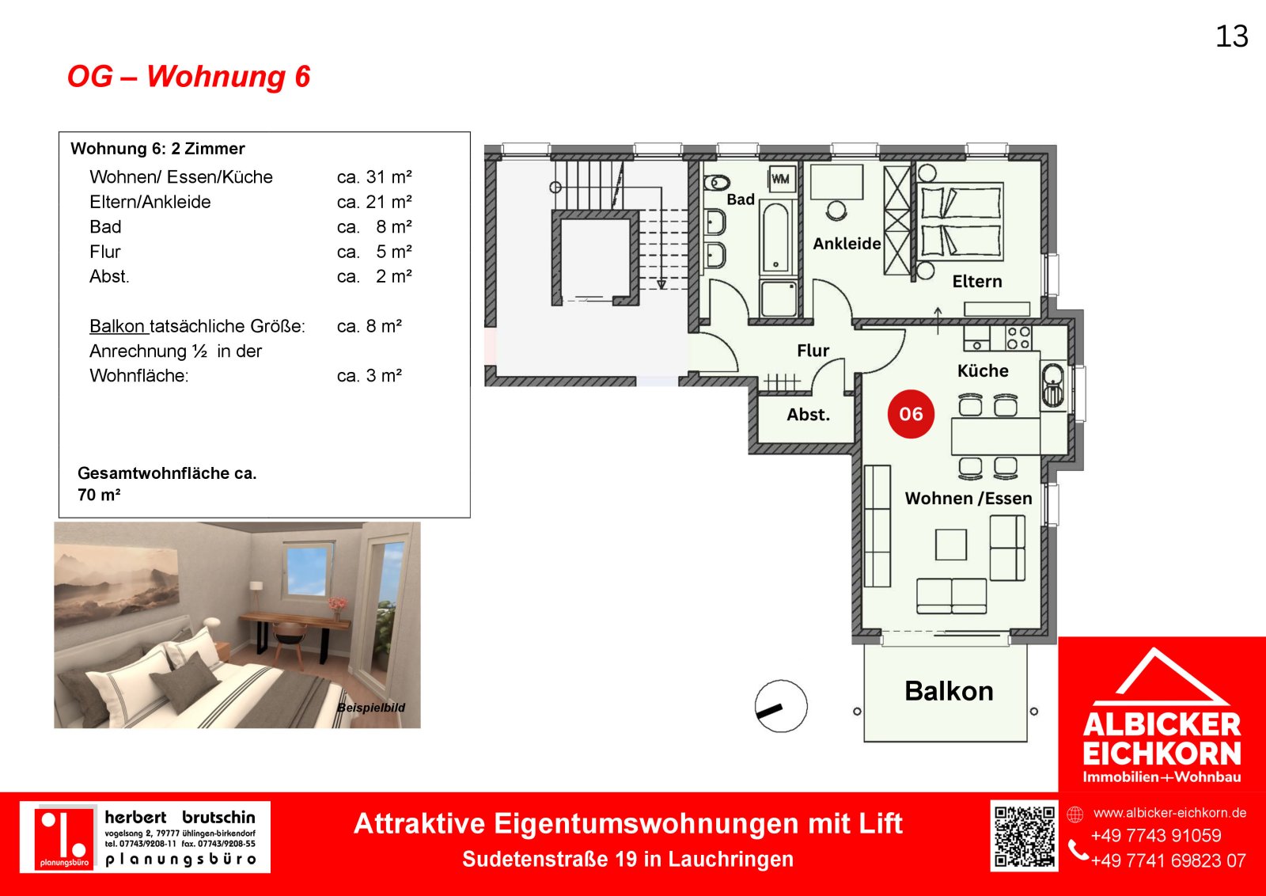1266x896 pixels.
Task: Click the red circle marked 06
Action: (x=911, y=414)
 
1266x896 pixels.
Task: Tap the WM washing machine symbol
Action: (x=780, y=179)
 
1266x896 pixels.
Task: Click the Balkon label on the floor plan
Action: (x=949, y=691)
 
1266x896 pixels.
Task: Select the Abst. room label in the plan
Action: (x=808, y=415)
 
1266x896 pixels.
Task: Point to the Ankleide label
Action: (x=847, y=244)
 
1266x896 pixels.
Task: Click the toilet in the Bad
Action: (x=717, y=183)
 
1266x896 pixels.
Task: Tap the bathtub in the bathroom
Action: (x=775, y=238)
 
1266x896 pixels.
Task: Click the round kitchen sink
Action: (x=1052, y=385)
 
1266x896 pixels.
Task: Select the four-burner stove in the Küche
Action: (x=1018, y=337)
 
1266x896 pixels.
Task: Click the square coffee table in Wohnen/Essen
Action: (x=950, y=545)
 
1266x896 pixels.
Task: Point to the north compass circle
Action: (x=781, y=706)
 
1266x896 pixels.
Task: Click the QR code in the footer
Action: (x=1024, y=837)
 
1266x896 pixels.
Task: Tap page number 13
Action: (x=1231, y=36)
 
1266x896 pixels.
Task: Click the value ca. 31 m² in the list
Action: (x=374, y=177)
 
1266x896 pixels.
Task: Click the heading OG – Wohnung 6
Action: (x=189, y=76)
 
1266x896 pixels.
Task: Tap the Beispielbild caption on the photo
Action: (x=371, y=707)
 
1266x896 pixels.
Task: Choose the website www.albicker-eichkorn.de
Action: (x=1170, y=813)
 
